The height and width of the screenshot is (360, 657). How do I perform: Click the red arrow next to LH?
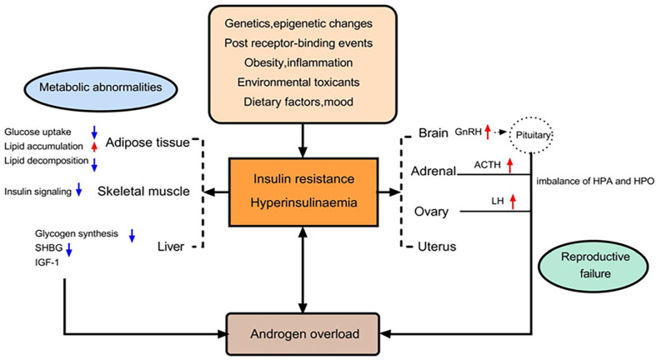(x=513, y=201)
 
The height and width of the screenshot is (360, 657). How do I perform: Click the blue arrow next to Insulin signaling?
(x=78, y=192)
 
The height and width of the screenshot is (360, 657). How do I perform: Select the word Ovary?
(x=432, y=212)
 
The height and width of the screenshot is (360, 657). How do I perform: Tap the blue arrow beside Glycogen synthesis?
(x=133, y=236)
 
